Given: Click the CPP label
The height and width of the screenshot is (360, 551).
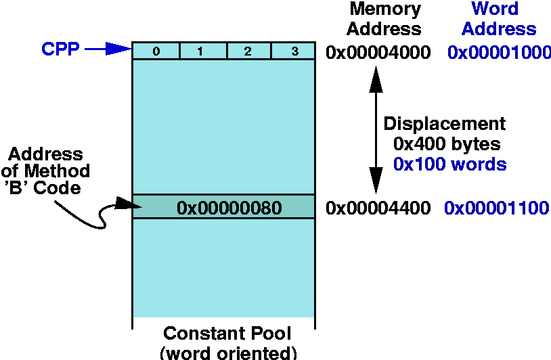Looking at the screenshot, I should tap(60, 49).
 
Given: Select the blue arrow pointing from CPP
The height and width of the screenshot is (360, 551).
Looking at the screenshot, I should tap(108, 49).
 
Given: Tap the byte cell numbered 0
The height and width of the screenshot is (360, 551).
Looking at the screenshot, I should tap(156, 51).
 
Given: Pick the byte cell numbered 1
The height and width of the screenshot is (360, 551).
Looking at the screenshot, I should tap(202, 51).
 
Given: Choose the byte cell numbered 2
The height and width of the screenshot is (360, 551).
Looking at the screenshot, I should tap(248, 51).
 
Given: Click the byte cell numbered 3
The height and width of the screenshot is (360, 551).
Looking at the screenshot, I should tap(293, 51).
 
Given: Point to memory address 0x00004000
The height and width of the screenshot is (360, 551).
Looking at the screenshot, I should tap(378, 53).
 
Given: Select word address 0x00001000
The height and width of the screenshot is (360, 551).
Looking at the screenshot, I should tap(499, 53).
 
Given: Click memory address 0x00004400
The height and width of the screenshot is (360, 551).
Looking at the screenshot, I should tap(378, 208).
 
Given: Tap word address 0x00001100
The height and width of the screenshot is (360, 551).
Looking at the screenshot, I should tap(496, 208).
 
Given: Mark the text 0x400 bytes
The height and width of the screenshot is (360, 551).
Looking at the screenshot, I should tap(447, 144).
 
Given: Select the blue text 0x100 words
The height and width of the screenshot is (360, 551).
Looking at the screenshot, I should tap(449, 164).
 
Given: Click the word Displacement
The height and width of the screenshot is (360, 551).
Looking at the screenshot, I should tap(445, 124).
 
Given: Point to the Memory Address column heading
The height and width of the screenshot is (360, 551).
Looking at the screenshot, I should tap(385, 19).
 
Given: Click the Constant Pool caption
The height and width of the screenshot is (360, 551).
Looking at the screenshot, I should tap(227, 334).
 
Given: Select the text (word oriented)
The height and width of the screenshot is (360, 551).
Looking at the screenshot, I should tap(228, 353).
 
